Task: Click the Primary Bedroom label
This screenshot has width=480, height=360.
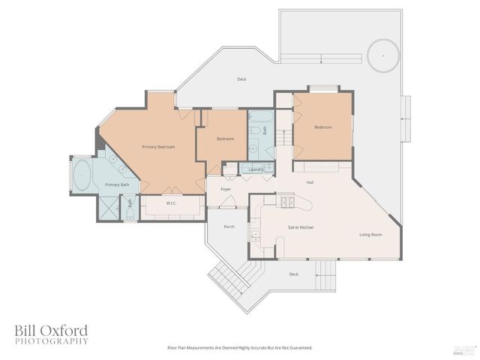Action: (158, 147)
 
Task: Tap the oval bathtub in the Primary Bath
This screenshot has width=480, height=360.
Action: (82, 175)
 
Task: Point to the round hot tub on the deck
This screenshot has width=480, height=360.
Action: (382, 54)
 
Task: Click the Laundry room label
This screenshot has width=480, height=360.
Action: (256, 169)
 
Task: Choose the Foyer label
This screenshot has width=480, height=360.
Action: (226, 189)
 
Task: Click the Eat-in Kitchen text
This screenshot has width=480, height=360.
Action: (301, 226)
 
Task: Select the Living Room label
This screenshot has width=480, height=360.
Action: (370, 235)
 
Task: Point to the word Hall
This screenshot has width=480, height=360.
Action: (310, 182)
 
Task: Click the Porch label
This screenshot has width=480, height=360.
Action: (229, 226)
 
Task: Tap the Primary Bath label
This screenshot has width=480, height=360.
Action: (117, 184)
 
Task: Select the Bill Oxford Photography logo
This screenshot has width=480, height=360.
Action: (51, 334)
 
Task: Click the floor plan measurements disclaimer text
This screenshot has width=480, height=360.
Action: (239, 348)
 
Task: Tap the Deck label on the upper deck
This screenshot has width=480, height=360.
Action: (241, 79)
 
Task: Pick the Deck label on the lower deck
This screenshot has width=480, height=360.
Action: (293, 274)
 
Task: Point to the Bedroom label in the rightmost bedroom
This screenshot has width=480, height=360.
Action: (322, 127)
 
